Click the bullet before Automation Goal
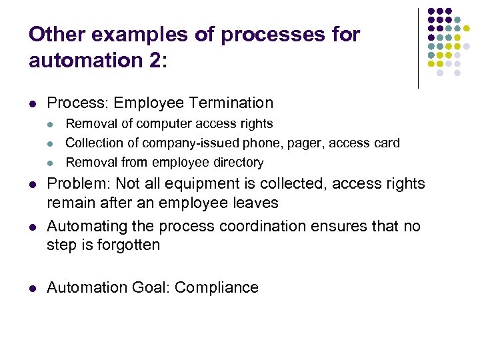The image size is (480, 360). pos(33,288)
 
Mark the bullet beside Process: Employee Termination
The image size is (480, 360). pos(33,103)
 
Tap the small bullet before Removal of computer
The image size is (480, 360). pos(52,124)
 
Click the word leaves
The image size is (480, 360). pos(256,202)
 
